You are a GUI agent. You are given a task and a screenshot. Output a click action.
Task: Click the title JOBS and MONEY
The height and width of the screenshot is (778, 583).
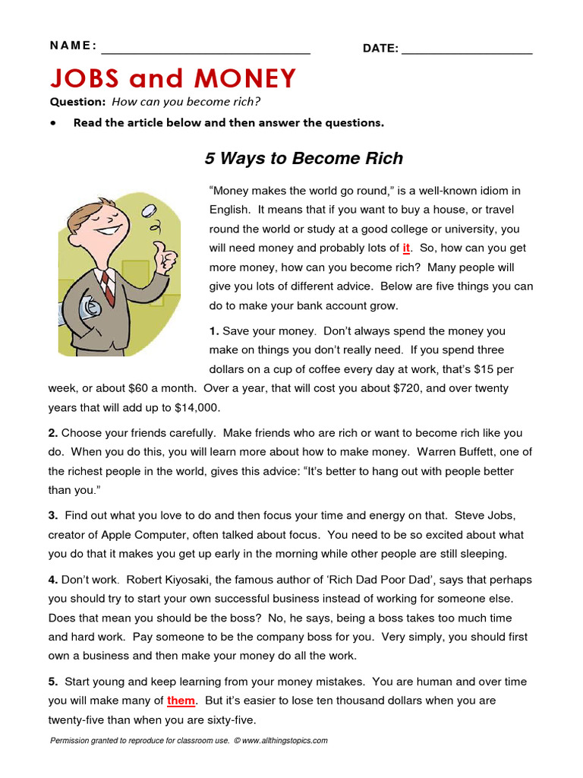coord(172,78)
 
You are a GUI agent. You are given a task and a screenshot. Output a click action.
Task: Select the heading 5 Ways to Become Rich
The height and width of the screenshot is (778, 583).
coord(304,159)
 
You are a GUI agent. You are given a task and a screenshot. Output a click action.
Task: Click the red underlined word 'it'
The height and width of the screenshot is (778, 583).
coord(406,248)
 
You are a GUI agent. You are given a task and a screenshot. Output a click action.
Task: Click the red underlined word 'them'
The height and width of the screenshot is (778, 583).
coord(181,701)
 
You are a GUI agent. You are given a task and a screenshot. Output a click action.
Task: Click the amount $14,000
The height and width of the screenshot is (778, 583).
coord(197,407)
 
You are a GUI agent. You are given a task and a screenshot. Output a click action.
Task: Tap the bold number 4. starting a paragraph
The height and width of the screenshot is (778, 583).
coord(53,580)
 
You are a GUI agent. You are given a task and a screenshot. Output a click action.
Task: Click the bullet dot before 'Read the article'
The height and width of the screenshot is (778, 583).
coord(53,122)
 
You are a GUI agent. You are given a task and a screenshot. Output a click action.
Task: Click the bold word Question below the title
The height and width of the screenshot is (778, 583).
coord(77,102)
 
